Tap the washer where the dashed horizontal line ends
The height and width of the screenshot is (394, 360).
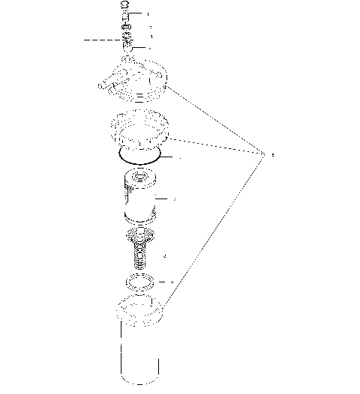pos(126,38)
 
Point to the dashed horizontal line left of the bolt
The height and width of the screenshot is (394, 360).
pos(101,38)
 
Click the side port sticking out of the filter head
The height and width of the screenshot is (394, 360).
pos(106,86)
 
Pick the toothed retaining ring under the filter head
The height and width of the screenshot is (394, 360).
pos(140,128)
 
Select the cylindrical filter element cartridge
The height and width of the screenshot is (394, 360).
pos(139,198)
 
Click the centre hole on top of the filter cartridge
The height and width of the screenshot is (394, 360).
pos(139,178)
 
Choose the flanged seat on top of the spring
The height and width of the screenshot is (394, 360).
pos(139,237)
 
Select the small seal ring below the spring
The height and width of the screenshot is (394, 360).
pos(140,283)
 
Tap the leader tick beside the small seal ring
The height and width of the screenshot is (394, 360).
pos(172,282)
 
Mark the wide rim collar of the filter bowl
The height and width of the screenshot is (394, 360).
pos(140,309)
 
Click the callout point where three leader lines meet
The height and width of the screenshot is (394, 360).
pos(262,154)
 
